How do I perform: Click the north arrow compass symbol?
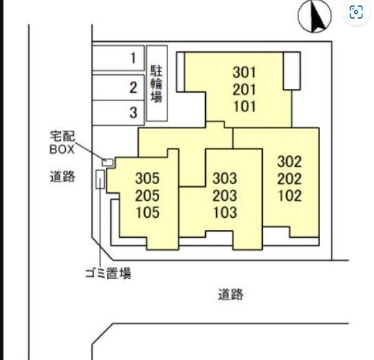coord(314,16)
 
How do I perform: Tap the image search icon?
coord(356,12)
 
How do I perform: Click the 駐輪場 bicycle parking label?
coord(156,84)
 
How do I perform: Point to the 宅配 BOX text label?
coord(62,143)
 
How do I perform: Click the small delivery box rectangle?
coord(107,162)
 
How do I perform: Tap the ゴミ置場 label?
coord(108,273)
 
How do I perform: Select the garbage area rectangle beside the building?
coord(100,179)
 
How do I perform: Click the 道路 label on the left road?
coord(62,177)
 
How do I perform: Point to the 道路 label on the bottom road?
coord(231,294)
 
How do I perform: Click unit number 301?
coord(244,72)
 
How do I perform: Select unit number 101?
coord(244,106)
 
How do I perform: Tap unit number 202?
coord(290,179)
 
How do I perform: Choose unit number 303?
coord(225,179)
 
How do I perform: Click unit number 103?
coord(225,213)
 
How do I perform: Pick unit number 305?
coord(148,179)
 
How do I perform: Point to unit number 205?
coord(148,196)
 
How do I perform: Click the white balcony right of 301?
coord(292,71)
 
